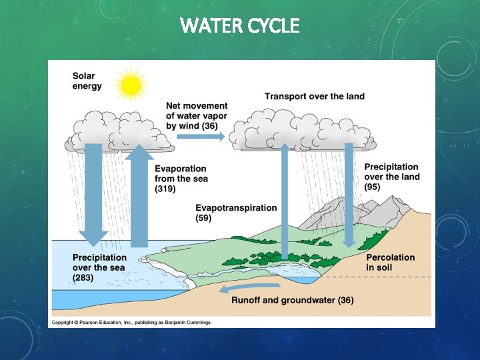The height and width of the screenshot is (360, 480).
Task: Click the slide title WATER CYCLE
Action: (240, 26)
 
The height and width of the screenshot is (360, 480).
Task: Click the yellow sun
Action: (131, 85)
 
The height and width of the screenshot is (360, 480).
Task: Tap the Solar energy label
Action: (87, 81)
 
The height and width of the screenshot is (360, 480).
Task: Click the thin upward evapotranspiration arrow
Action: (285, 200)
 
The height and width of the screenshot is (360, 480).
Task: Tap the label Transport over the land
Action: (315, 97)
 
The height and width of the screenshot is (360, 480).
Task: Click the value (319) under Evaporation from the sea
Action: (165, 189)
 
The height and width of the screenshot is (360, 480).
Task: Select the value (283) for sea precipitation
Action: (83, 277)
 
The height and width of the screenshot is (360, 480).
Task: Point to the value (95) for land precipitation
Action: (373, 187)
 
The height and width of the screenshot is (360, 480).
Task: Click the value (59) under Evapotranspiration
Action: (204, 218)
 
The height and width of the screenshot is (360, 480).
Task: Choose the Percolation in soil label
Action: (391, 262)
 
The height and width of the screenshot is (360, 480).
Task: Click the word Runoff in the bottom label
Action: (246, 300)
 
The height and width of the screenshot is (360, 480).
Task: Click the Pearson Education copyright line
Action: (132, 322)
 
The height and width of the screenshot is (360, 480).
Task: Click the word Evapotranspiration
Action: (236, 208)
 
